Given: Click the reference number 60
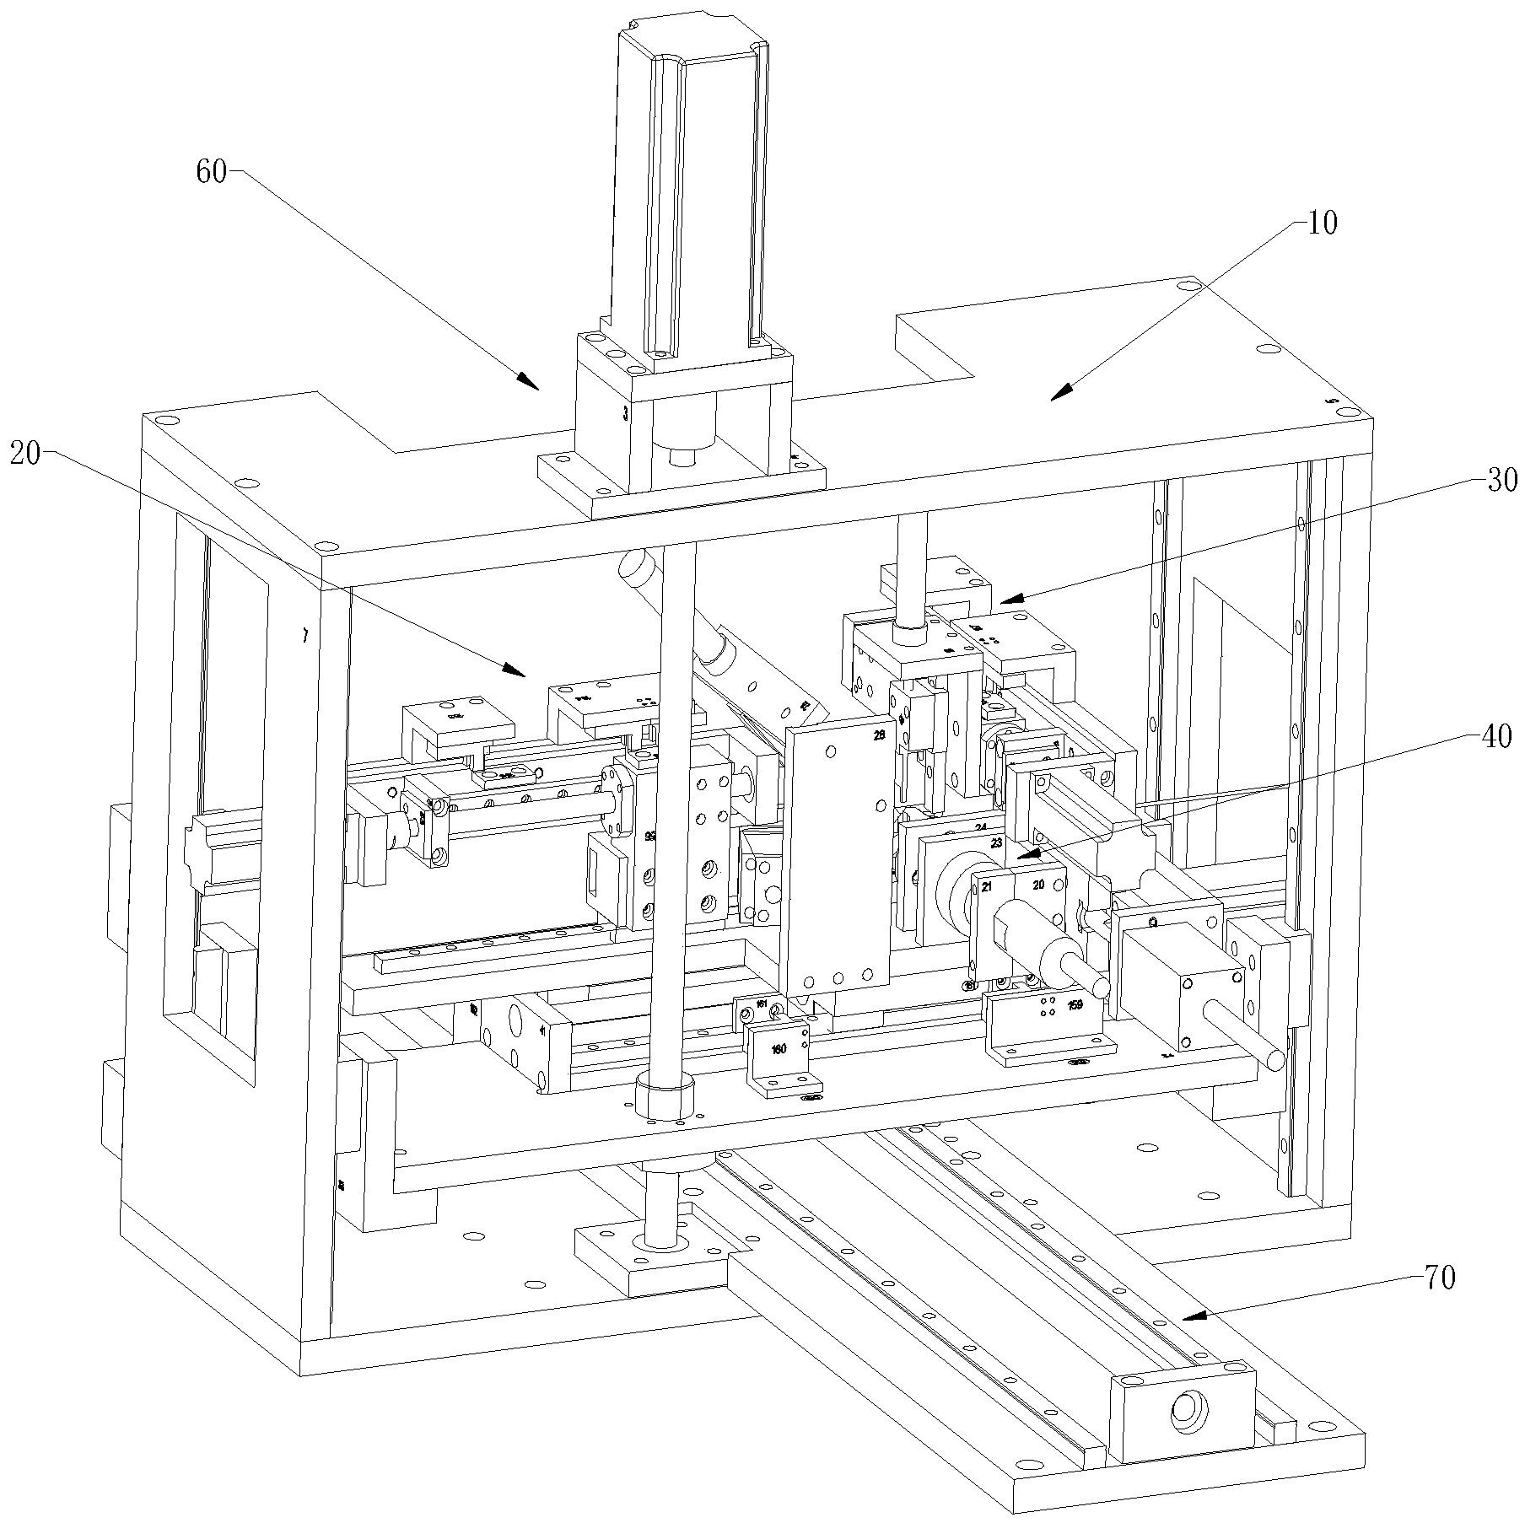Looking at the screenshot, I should click(x=211, y=172).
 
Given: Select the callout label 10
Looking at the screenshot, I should click(x=1322, y=224).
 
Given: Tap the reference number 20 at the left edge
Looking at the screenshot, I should click(x=25, y=455).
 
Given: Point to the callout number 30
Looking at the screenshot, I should click(x=1501, y=480).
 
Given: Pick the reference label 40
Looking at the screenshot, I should click(x=1495, y=736).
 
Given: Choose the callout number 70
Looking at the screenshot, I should click(x=1440, y=1278).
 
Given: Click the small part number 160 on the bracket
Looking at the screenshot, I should click(x=778, y=1049).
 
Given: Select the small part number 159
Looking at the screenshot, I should click(x=1074, y=1005).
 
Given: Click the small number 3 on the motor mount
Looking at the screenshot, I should click(x=624, y=414).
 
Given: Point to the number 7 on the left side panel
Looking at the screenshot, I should click(x=304, y=637).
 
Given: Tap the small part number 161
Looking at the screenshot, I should click(x=761, y=1004).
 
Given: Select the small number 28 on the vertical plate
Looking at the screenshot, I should click(x=880, y=735).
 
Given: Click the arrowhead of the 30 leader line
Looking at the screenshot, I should click(x=1009, y=600).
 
